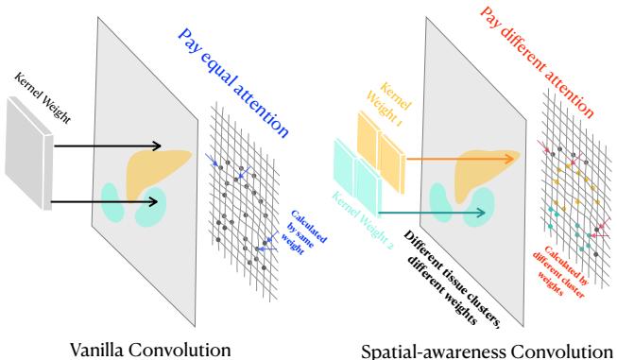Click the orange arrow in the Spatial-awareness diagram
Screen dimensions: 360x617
tap(454, 158)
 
